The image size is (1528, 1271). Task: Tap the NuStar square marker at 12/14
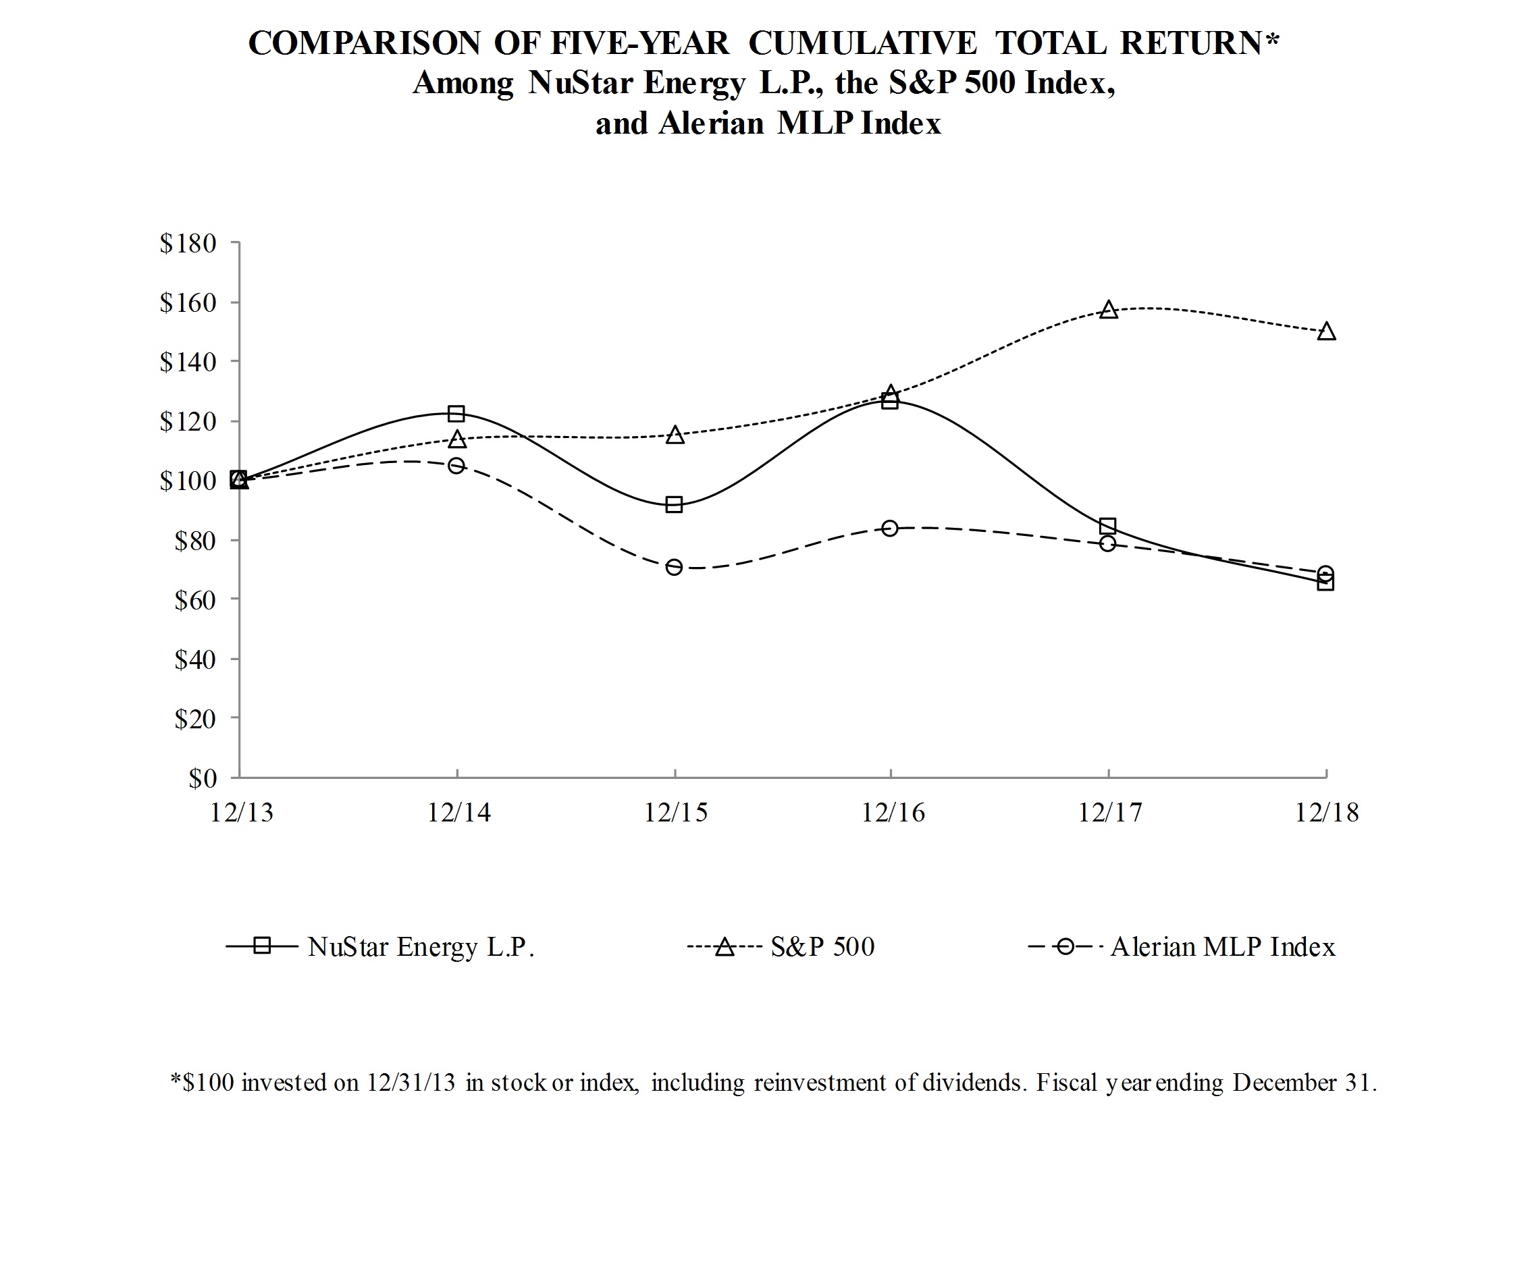pyautogui.click(x=456, y=414)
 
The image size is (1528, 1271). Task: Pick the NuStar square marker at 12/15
pyautogui.click(x=674, y=505)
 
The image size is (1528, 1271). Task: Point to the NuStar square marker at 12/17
pyautogui.click(x=1108, y=526)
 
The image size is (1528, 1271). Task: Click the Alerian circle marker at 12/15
pyautogui.click(x=674, y=568)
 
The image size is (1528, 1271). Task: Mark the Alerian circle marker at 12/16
pyautogui.click(x=890, y=529)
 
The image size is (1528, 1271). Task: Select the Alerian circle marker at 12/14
pyautogui.click(x=456, y=466)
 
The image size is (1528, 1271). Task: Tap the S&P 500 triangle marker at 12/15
pyautogui.click(x=675, y=436)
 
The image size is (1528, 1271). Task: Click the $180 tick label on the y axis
pyautogui.click(x=188, y=244)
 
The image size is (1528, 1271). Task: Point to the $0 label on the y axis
pyautogui.click(x=203, y=779)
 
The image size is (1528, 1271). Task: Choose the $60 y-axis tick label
pyautogui.click(x=195, y=600)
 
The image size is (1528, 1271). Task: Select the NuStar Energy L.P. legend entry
pyautogui.click(x=421, y=947)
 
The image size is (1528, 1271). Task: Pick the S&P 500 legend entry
pyautogui.click(x=822, y=947)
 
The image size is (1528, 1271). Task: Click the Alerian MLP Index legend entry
pyautogui.click(x=1222, y=947)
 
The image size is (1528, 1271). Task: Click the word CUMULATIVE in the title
pyautogui.click(x=862, y=44)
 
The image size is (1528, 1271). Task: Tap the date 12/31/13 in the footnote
pyautogui.click(x=411, y=1083)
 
